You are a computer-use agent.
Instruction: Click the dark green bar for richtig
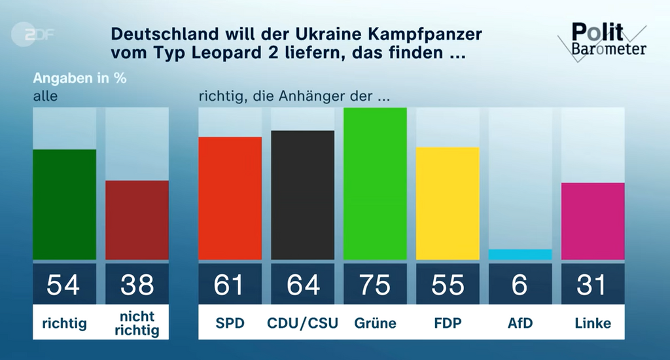coord(65,204)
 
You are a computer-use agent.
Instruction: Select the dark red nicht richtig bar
coord(137,220)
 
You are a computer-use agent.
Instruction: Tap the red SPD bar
coord(230,198)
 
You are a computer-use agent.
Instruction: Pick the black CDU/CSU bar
coord(302,195)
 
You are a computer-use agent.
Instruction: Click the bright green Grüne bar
coord(375,183)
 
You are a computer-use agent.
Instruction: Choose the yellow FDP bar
coord(448,203)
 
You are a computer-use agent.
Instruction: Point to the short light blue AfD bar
coord(520,254)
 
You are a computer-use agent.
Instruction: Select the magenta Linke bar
coord(593,221)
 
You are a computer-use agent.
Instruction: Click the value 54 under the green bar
coord(65,285)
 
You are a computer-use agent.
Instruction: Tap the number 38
coord(137,285)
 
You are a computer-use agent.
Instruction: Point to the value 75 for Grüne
coord(375,285)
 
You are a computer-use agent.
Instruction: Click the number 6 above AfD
coord(520,285)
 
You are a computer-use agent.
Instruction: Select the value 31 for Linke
coord(593,285)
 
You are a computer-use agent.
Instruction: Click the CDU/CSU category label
coord(302,323)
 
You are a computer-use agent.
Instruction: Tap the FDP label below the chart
coord(448,323)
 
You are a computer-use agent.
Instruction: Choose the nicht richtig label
coord(137,323)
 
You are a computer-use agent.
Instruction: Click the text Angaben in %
coord(79,78)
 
